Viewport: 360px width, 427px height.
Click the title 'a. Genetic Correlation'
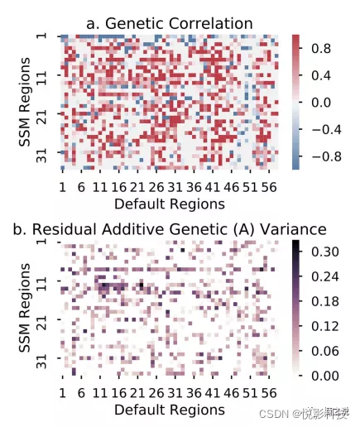point(170,23)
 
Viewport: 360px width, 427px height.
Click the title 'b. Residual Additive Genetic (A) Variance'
point(170,229)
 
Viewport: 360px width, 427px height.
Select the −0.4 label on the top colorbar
point(326,130)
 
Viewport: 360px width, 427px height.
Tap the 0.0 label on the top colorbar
point(321,103)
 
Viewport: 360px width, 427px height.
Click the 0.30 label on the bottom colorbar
point(325,252)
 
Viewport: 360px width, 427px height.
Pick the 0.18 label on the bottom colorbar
point(325,301)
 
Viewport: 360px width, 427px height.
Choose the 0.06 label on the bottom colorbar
point(325,351)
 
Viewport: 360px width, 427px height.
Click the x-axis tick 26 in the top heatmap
point(156,187)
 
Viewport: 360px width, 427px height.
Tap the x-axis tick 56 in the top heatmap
point(269,187)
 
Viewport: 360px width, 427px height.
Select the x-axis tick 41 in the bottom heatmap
point(213,393)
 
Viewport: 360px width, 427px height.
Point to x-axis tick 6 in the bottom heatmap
point(81,393)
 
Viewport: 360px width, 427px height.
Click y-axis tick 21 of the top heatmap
point(42,113)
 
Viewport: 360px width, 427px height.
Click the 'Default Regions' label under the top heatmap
point(170,204)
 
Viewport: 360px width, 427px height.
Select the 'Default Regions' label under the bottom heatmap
point(170,410)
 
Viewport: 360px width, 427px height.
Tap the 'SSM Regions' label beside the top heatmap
point(25,102)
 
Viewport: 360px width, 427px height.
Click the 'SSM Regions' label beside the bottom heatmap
point(25,308)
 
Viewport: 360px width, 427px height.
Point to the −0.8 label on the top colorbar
point(326,156)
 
